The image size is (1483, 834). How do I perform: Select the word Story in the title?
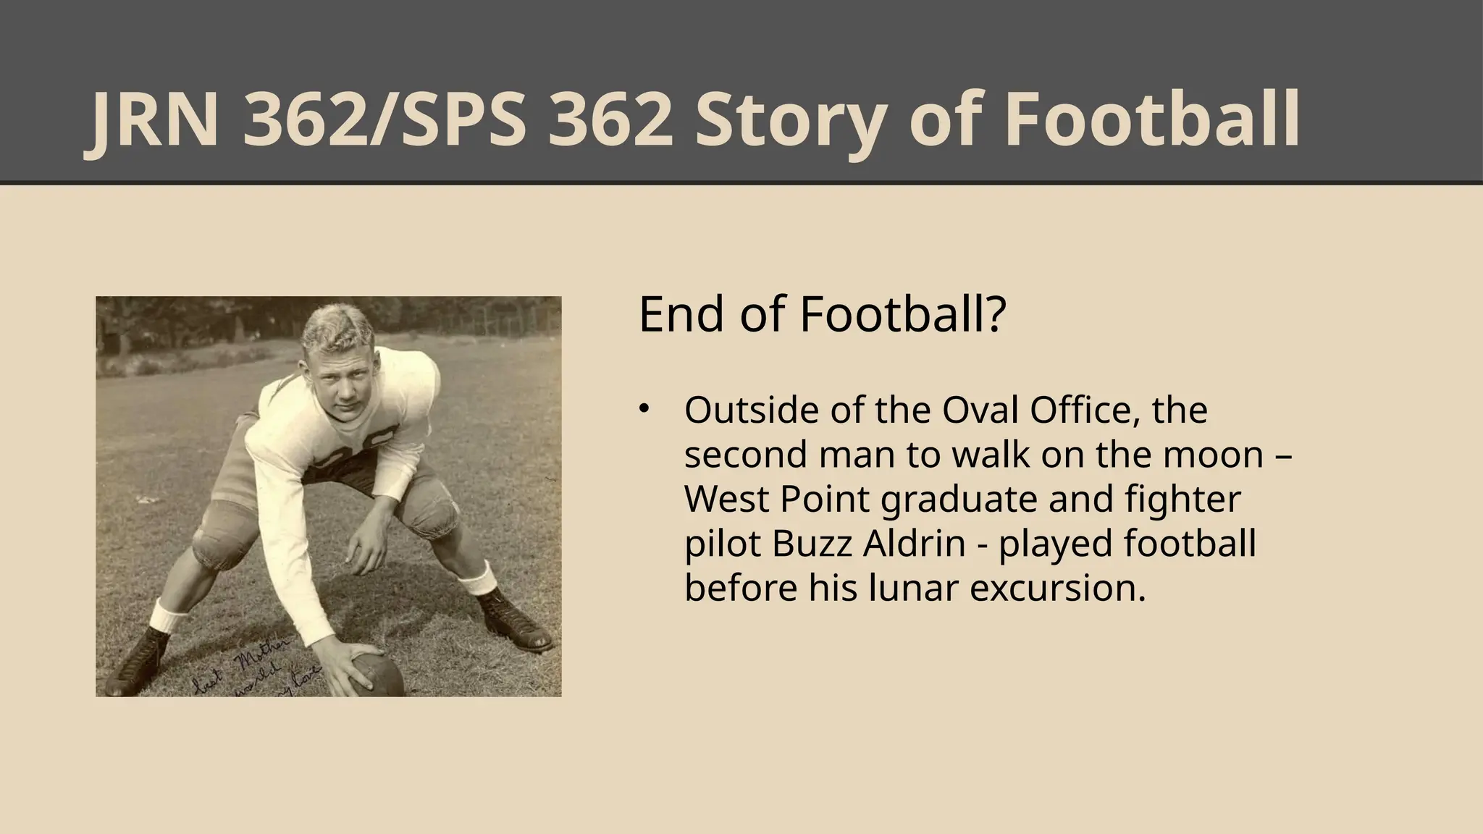(789, 121)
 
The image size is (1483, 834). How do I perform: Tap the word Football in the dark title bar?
(1151, 121)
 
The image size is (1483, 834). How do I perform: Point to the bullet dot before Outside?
(643, 409)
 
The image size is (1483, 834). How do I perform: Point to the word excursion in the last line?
(1057, 588)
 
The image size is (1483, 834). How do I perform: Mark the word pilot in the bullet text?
(721, 544)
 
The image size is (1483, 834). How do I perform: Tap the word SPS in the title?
(471, 121)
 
